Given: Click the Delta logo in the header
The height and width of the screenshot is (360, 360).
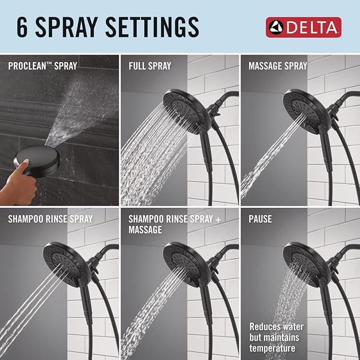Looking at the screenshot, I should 303,27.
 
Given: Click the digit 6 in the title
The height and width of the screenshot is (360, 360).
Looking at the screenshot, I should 22,27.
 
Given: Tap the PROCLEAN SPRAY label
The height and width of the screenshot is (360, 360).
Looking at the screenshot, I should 42,66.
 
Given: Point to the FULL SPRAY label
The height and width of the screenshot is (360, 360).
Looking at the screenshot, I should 150,66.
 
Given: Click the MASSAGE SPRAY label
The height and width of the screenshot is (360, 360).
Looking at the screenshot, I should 278,66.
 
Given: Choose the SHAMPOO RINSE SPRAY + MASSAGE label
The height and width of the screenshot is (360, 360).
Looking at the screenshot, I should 167,224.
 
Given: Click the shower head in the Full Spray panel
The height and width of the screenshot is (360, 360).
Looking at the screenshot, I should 183,109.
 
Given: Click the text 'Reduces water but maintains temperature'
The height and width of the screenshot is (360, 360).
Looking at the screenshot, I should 274,338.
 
